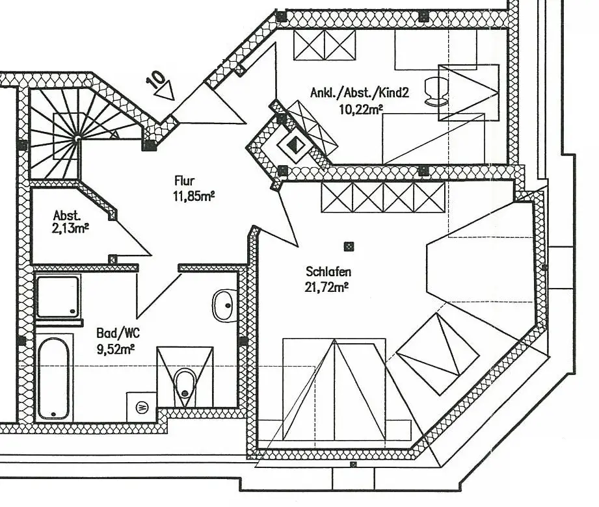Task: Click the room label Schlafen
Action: [328, 272]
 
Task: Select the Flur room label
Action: [184, 181]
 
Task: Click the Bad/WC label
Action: [118, 333]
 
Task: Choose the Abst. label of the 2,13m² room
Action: [67, 215]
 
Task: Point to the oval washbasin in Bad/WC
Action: [224, 305]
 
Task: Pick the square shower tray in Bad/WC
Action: [58, 296]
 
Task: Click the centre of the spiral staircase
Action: [77, 138]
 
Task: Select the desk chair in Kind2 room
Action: [435, 90]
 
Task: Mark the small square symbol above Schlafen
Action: [349, 246]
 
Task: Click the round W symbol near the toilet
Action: [142, 407]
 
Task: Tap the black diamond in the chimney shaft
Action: [295, 144]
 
